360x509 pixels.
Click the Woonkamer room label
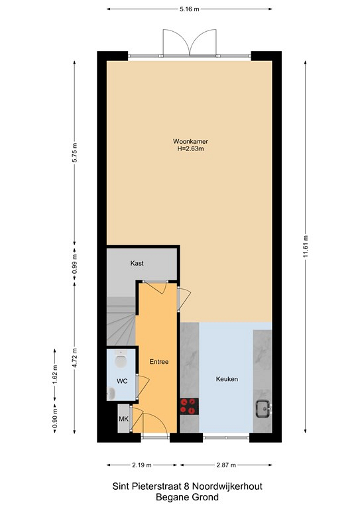tap(190, 142)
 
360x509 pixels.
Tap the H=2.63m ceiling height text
tap(190, 149)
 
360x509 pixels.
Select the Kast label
tap(137, 263)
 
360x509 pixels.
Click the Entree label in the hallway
tap(159, 362)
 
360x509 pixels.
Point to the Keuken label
tap(227, 379)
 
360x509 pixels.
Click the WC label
tap(122, 381)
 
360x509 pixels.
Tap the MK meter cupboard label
tap(123, 419)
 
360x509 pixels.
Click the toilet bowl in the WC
tap(121, 360)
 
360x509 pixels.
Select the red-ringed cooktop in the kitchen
tap(189, 406)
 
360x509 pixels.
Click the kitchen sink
tap(263, 409)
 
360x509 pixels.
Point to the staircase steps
tap(121, 321)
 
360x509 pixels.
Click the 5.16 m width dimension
tap(190, 9)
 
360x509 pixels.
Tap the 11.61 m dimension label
tap(306, 247)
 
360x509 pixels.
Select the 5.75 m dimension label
tap(74, 152)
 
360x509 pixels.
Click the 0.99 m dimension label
tap(74, 266)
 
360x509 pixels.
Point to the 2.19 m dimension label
tap(142, 465)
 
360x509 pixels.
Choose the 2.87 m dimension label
tap(226, 465)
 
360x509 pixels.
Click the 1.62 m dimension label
tap(54, 375)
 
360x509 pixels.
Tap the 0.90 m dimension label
tap(54, 418)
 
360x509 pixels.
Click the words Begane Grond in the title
tap(188, 497)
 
